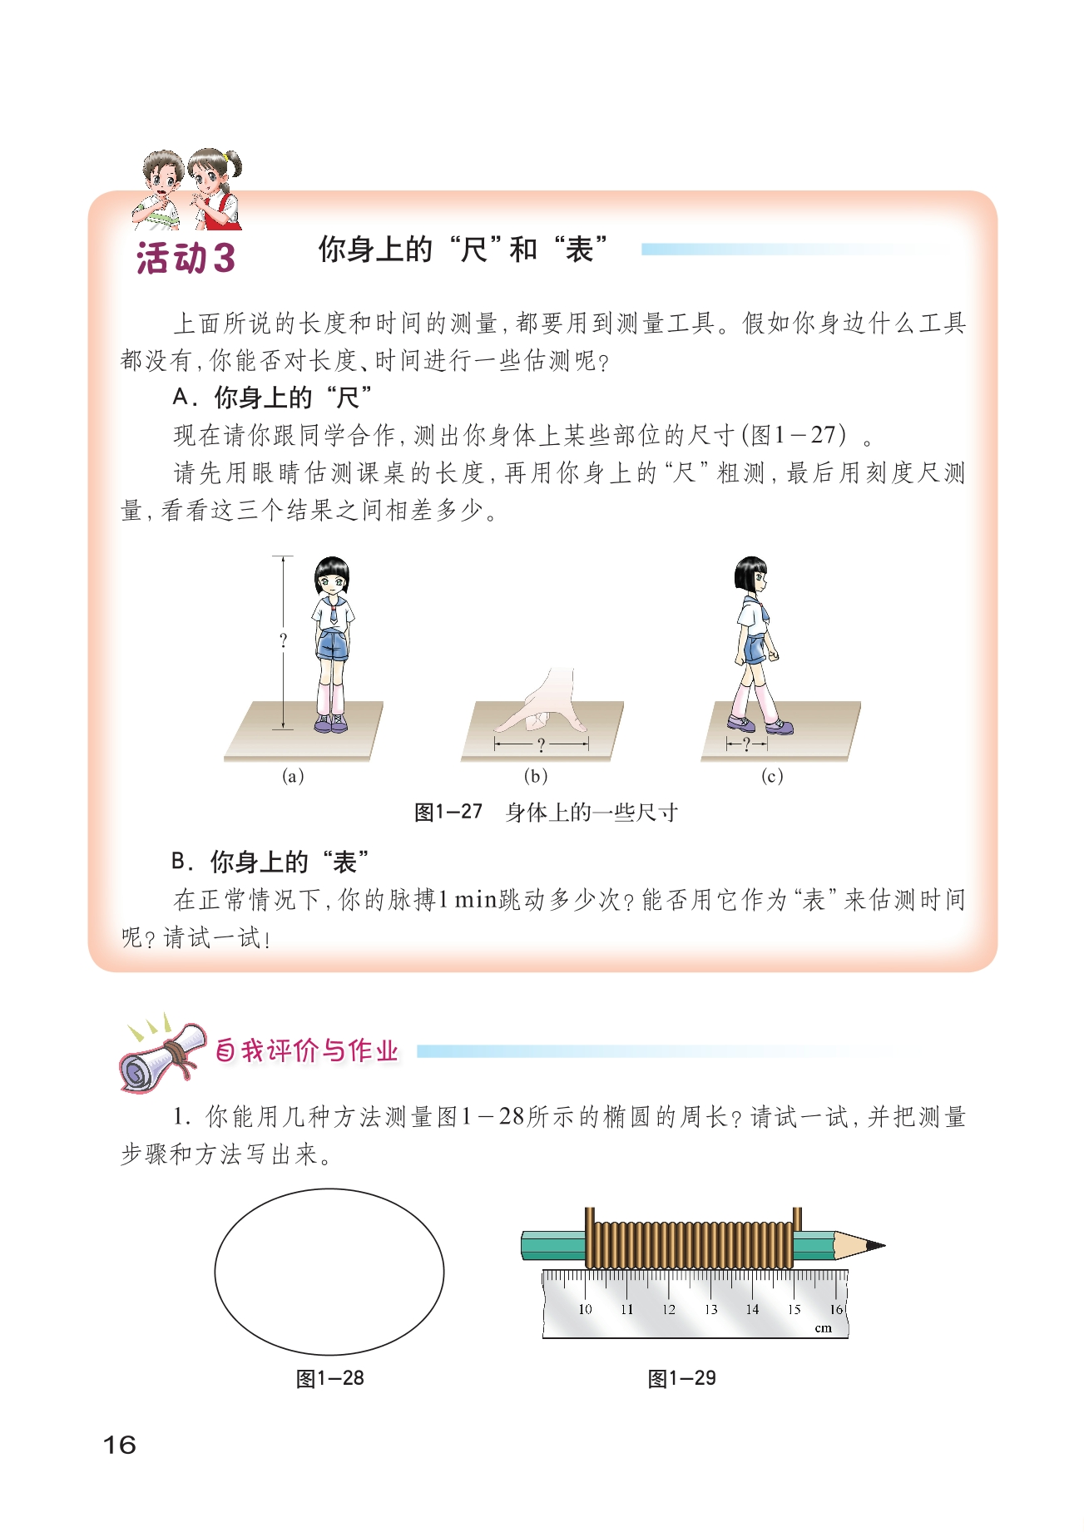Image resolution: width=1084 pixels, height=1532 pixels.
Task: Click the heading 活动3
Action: tap(186, 258)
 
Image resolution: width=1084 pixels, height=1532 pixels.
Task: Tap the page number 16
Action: tap(119, 1445)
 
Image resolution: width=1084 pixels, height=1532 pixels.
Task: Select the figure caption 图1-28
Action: tap(330, 1378)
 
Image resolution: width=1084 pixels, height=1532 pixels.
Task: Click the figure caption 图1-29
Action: tap(681, 1378)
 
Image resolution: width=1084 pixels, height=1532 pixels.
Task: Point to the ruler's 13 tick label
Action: tap(710, 1309)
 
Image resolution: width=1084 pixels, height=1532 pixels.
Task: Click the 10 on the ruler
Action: tap(585, 1309)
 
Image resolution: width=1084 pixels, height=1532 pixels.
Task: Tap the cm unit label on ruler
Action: tap(823, 1327)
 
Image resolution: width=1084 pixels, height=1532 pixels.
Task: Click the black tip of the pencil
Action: tap(876, 1246)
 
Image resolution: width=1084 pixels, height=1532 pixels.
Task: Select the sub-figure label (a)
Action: tap(292, 776)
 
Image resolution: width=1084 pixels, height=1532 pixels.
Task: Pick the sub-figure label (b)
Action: tap(535, 776)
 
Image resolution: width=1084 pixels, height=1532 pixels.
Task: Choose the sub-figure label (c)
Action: tap(772, 776)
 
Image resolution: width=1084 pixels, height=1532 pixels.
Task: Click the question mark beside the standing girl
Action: tap(283, 640)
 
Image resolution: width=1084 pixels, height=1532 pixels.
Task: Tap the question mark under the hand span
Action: tap(541, 744)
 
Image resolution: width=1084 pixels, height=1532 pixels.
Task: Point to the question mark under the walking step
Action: tap(746, 744)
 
